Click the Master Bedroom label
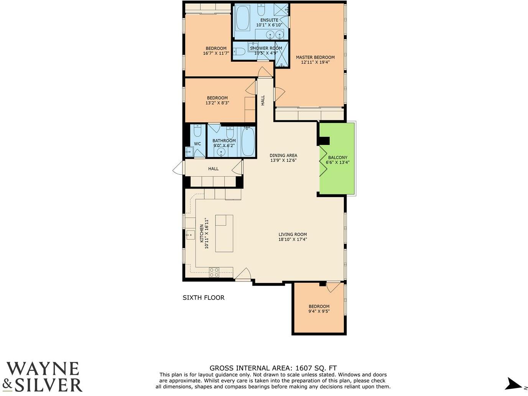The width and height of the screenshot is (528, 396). pos(315,57)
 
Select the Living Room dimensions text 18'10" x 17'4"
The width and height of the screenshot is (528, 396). pos(293,240)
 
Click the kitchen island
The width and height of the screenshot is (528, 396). pos(224,233)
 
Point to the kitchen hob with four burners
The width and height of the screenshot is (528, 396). pos(214,272)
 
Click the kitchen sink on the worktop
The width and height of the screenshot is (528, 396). pos(190,234)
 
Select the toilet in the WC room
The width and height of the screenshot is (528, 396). pos(197,131)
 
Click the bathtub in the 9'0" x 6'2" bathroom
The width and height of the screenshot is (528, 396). pos(248,142)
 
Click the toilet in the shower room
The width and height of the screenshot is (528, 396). pos(239,51)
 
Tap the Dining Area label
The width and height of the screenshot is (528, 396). pos(283,155)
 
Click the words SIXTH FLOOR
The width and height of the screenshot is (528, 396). pos(203,297)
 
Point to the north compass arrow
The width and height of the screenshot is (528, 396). pos(513,384)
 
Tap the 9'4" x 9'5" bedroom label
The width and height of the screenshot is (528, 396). pos(319,306)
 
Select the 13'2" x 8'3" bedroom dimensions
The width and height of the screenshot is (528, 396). pos(217,103)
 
